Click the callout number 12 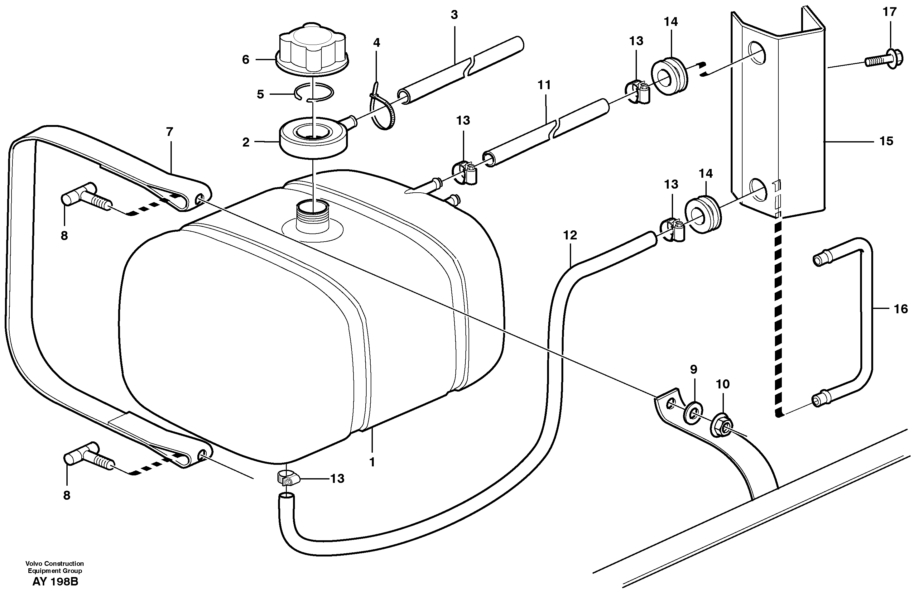click(570, 235)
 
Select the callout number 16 click(901, 309)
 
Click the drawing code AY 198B click(55, 581)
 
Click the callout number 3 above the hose click(454, 15)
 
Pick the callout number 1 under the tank click(372, 462)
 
